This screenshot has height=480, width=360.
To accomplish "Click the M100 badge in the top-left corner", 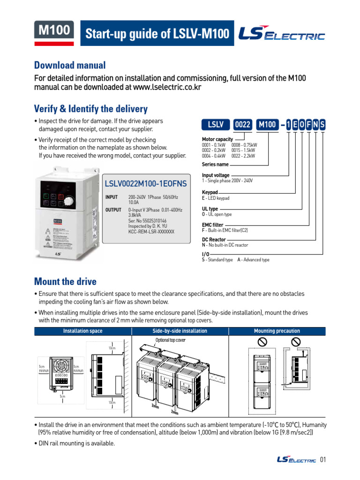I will pos(53,30).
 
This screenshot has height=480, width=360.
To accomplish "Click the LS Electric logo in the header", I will pos(282,33).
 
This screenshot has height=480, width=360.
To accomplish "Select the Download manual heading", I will pos(70,65).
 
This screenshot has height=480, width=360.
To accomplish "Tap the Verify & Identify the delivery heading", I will pos(91,109).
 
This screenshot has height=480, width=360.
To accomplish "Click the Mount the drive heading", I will pos(65,281).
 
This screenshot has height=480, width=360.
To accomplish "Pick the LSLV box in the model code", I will pos(216,125).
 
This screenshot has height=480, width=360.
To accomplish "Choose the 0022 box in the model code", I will pos(243,125).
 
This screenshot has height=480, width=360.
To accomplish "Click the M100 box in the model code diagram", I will pos(267,125).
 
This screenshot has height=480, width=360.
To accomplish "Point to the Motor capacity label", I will pos(217,139).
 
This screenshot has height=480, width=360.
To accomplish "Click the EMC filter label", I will pos(212,225).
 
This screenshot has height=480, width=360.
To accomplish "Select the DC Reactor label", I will pos(214,240).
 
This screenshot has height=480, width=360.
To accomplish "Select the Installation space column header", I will pos(82,331).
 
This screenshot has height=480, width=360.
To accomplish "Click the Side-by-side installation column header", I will pos(180,331).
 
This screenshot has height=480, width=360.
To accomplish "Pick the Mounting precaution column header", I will pos(277,331).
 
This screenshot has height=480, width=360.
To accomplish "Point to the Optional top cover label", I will pos(170,340).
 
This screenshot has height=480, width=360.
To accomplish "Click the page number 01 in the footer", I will pos(322,459).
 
